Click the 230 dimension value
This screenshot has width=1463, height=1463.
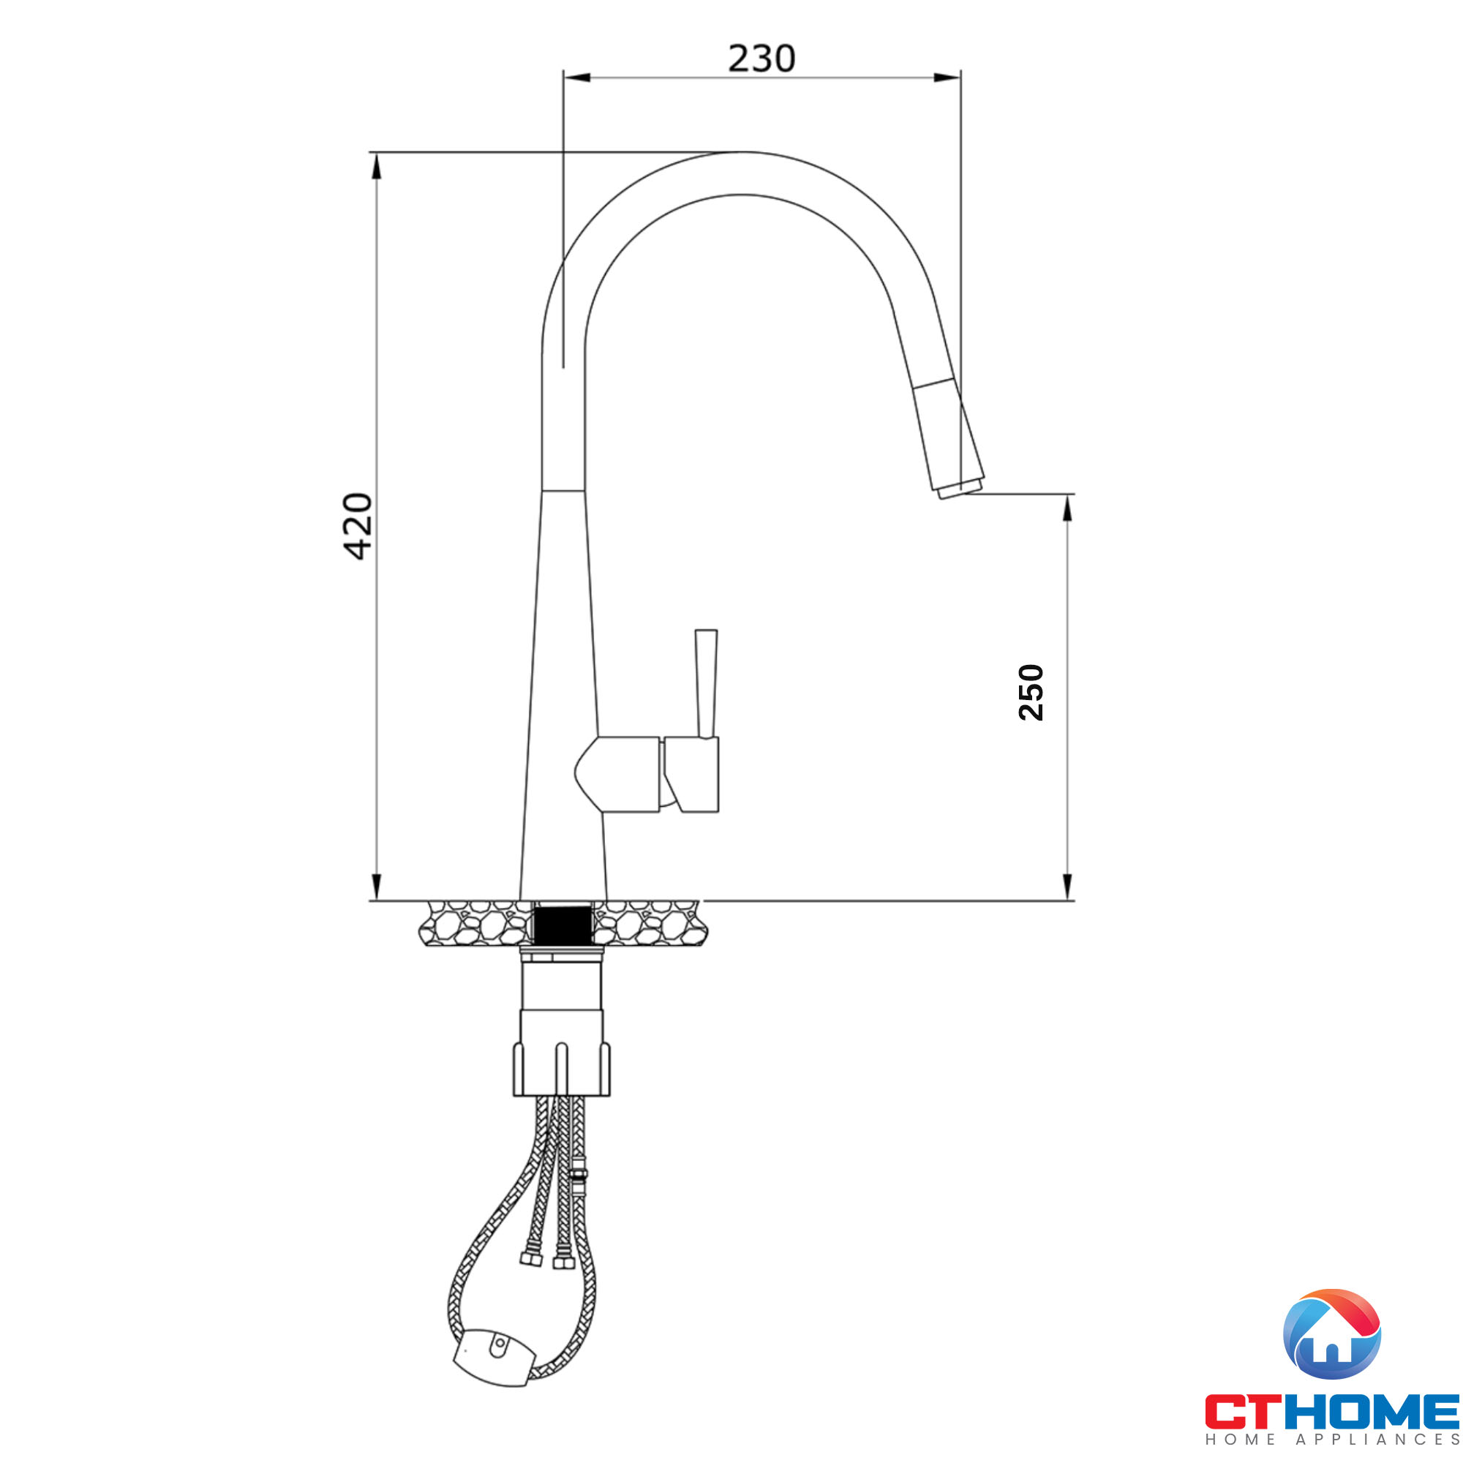coord(761,59)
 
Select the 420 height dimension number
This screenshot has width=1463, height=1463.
coord(357,526)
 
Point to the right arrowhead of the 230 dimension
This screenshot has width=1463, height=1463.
coord(947,78)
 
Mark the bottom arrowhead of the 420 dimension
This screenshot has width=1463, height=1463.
coord(376,886)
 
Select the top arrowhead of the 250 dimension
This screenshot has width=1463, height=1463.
coord(1067,509)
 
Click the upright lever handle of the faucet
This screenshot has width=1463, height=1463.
coord(706,682)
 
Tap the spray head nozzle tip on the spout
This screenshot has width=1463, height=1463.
coord(960,489)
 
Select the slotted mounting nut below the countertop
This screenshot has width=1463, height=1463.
coord(561,1069)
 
